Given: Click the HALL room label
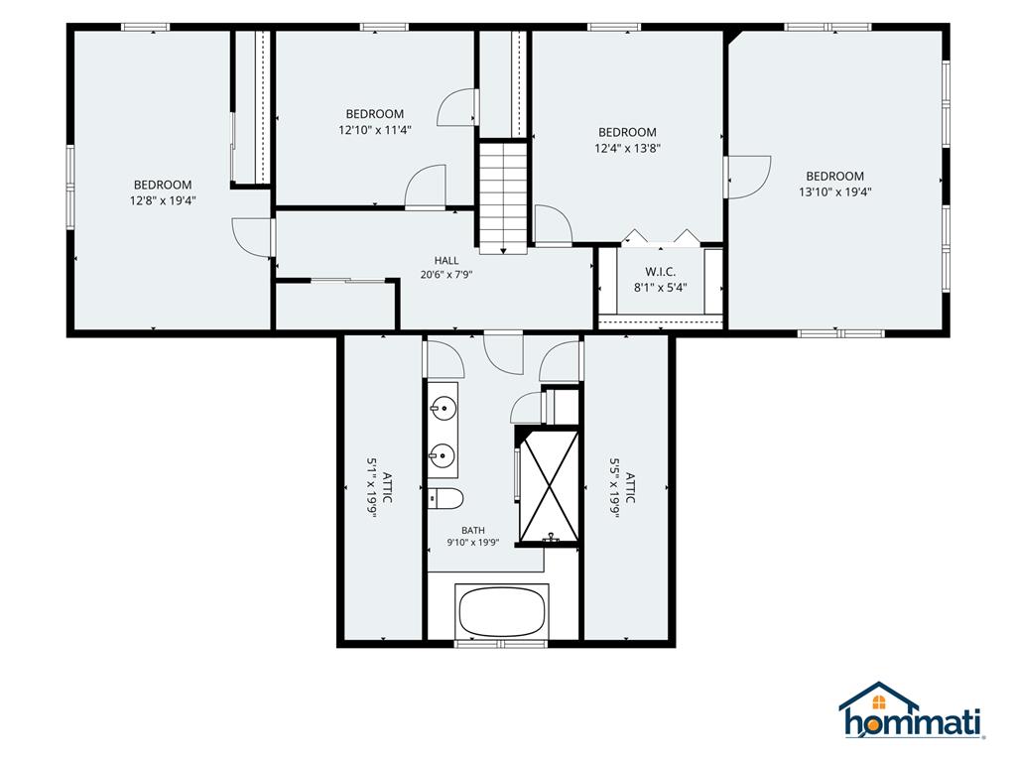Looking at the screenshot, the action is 446,261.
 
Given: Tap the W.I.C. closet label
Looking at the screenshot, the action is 660,272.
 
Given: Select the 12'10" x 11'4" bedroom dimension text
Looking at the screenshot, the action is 374,130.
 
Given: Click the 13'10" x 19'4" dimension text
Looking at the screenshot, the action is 834,191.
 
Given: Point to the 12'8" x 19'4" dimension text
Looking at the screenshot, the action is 163,200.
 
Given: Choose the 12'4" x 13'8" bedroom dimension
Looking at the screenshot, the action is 627,148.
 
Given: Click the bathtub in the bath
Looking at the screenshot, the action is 502,611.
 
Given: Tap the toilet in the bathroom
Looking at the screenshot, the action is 445,498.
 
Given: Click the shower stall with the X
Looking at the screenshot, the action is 550,486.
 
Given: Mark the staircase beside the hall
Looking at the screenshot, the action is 503,197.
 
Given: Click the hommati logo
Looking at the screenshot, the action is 913,710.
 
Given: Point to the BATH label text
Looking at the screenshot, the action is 473,530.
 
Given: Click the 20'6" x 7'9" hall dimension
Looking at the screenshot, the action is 446,275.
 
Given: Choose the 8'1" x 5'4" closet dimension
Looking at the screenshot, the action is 660,288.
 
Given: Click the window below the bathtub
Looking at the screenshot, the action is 500,643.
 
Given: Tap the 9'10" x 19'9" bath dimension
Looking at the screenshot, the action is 473,543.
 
